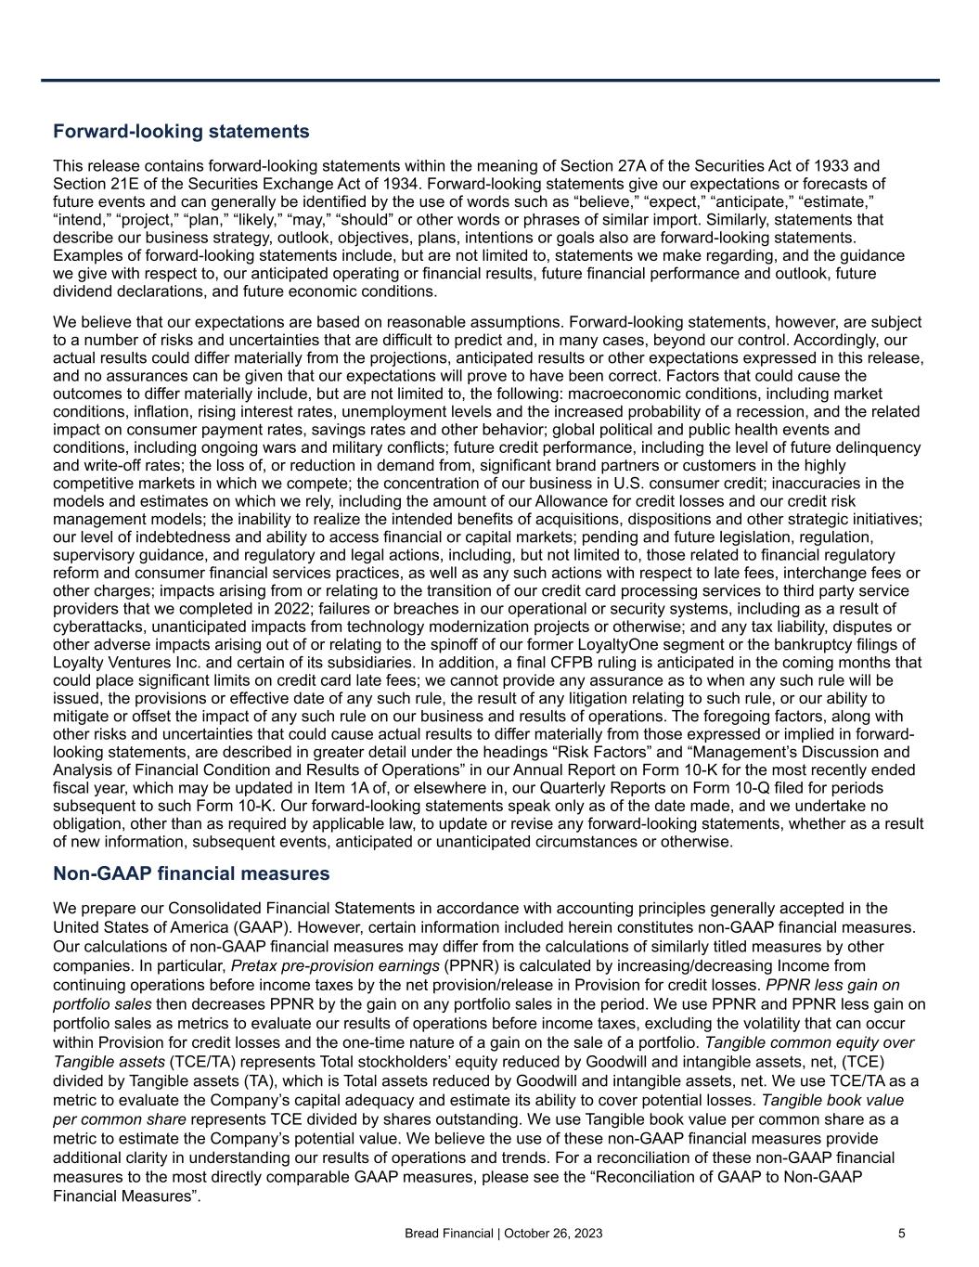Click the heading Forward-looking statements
pos(181,132)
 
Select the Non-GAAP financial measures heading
pos(191,873)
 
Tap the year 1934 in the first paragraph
pos(398,183)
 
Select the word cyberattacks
pos(97,627)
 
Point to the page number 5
pos(901,1234)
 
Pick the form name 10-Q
pos(733,788)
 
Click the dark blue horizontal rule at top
pos(490,80)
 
